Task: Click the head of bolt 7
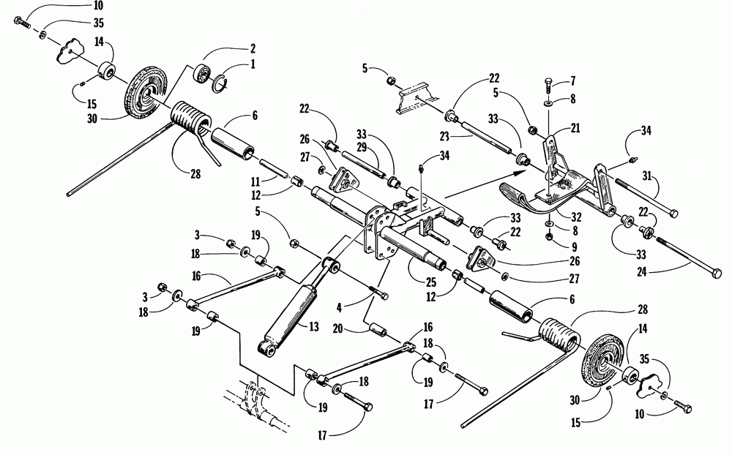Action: pyautogui.click(x=550, y=80)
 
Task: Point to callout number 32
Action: pyautogui.click(x=577, y=217)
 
